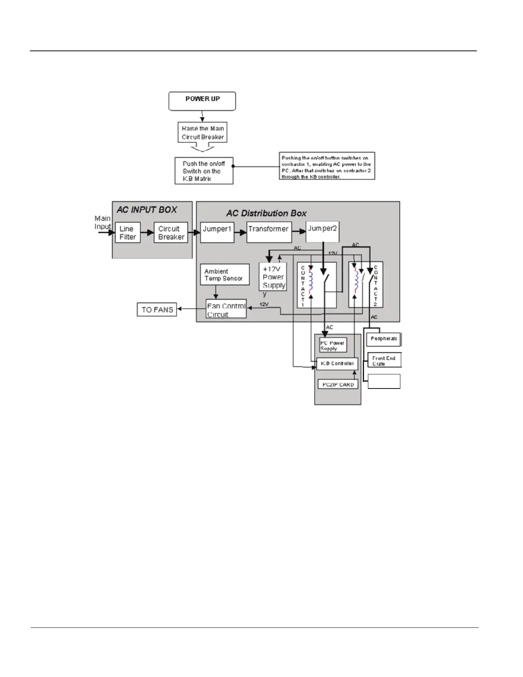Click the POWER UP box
pyautogui.click(x=202, y=101)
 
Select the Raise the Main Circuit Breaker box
pyautogui.click(x=203, y=132)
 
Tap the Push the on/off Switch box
pyautogui.click(x=204, y=171)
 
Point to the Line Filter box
pyautogui.click(x=128, y=233)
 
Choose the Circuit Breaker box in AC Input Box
pyautogui.click(x=171, y=233)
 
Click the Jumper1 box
pyautogui.click(x=217, y=232)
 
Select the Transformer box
pyautogui.click(x=269, y=232)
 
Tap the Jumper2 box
pyautogui.click(x=323, y=232)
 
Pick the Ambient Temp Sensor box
pyautogui.click(x=224, y=274)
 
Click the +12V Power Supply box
pyautogui.click(x=273, y=277)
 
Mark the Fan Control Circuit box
pyautogui.click(x=226, y=309)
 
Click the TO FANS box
pyautogui.click(x=157, y=310)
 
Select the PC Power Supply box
pyautogui.click(x=332, y=345)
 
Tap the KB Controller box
pyautogui.click(x=337, y=364)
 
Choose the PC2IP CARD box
pyautogui.click(x=338, y=384)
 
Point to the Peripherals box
pyautogui.click(x=383, y=339)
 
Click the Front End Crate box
pyautogui.click(x=384, y=360)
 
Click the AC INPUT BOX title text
pyautogui.click(x=147, y=210)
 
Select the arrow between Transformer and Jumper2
pyautogui.click(x=299, y=232)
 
